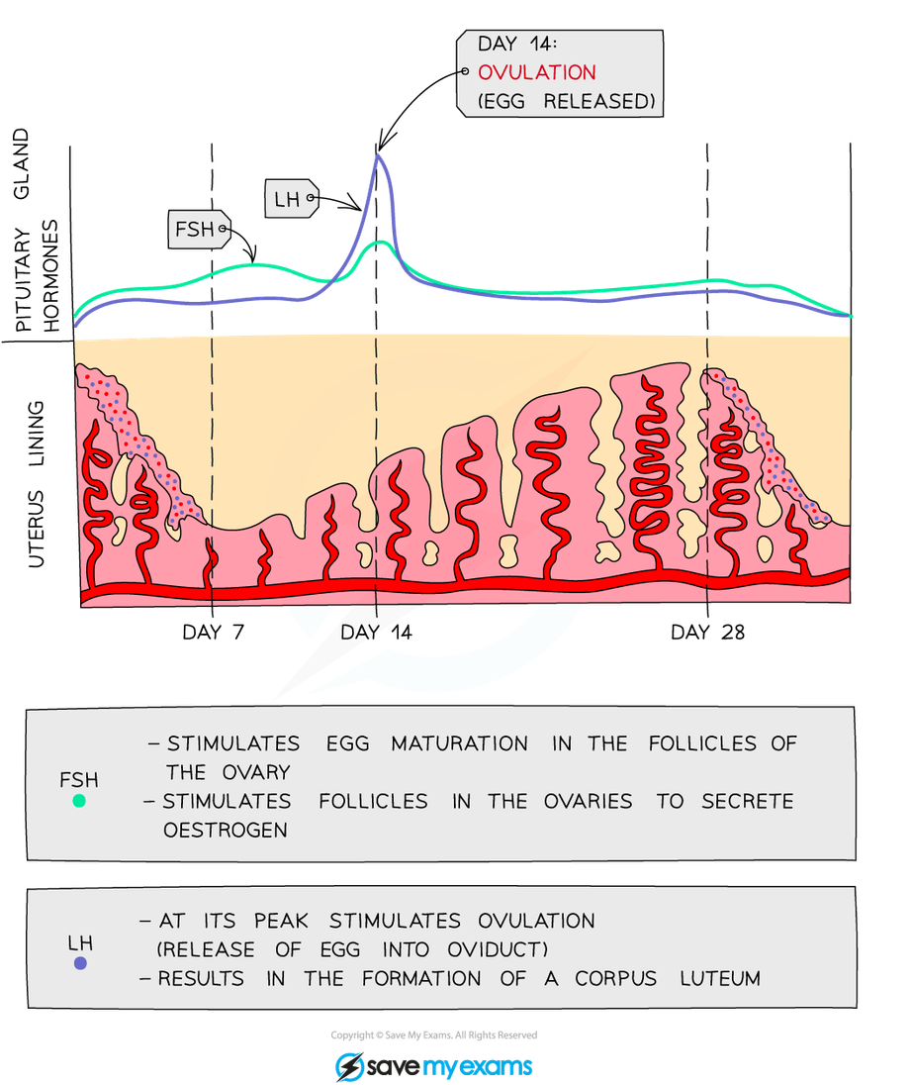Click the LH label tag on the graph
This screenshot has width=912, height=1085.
(289, 201)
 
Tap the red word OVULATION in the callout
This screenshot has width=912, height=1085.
(536, 72)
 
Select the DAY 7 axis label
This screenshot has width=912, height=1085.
(213, 632)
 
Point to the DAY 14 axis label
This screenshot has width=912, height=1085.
(375, 632)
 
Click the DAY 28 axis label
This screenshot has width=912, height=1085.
(707, 632)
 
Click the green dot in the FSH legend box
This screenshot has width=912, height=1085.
(79, 800)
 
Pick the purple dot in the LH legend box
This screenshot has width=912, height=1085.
(80, 962)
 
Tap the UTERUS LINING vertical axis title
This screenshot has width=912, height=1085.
(38, 483)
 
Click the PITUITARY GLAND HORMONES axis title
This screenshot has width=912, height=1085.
(38, 233)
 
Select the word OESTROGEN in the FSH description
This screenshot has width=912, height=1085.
(226, 830)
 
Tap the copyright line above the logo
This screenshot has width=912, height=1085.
(434, 1036)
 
